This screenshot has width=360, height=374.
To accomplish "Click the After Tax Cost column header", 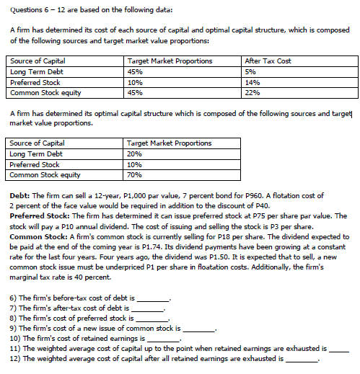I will pyautogui.click(x=269, y=61).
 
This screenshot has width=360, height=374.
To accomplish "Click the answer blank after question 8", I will pyautogui.click(x=150, y=318).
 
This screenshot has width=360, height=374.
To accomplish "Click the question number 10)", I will pyautogui.click(x=16, y=337).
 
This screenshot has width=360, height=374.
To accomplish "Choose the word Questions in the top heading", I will pyautogui.click(x=22, y=9).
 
